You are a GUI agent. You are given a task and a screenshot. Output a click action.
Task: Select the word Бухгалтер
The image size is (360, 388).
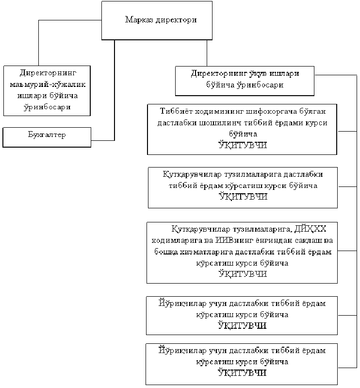point(47,135)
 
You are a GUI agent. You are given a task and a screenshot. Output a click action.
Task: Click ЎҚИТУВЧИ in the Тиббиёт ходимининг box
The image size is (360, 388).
point(242,145)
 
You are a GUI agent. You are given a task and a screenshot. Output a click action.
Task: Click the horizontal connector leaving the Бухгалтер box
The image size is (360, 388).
point(103,140)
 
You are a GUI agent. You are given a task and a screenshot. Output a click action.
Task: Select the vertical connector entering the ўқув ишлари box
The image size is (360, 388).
point(207,53)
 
